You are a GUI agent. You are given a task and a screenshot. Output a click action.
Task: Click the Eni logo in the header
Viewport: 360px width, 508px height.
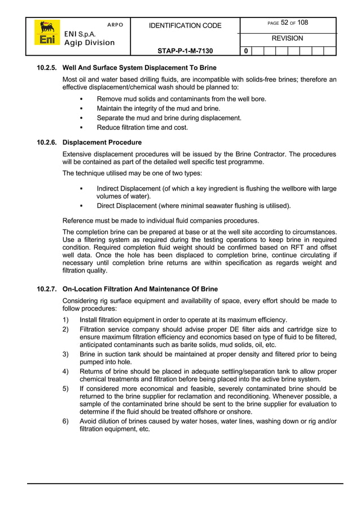(x=46, y=33)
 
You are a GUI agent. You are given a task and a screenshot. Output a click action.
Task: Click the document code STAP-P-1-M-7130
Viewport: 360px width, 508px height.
(x=185, y=51)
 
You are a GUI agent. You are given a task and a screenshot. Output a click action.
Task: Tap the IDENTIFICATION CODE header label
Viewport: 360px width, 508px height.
(x=185, y=26)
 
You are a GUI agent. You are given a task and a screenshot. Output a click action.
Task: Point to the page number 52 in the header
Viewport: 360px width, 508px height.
(x=285, y=23)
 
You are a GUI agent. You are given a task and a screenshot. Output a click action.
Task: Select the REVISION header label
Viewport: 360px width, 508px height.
(x=287, y=38)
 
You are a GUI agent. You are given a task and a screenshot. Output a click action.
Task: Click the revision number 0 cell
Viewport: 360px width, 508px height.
(x=245, y=51)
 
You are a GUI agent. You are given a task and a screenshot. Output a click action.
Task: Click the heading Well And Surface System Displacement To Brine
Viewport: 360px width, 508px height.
(x=139, y=68)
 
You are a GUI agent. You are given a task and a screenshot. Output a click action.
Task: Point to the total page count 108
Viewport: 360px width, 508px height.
(x=302, y=23)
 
